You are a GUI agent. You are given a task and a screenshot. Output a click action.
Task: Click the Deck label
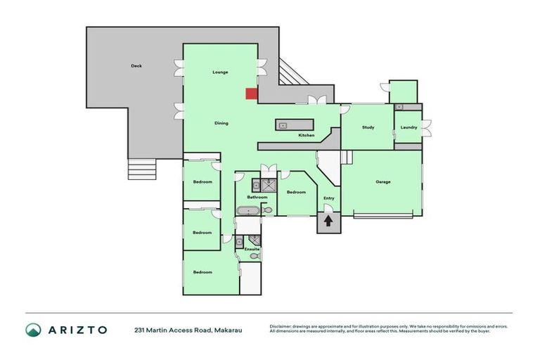click(136, 66)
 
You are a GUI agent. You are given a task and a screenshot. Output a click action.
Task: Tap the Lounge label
click(221, 72)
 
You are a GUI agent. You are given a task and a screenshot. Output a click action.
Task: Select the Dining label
click(221, 123)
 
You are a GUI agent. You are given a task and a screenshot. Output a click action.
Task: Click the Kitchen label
click(306, 135)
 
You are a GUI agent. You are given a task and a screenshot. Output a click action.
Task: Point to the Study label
click(368, 127)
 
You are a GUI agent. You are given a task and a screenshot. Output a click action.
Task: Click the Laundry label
click(409, 127)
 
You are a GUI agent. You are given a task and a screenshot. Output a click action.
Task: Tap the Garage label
click(382, 182)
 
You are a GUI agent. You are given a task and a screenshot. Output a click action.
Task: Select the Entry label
click(328, 198)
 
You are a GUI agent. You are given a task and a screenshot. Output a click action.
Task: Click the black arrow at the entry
click(328, 221)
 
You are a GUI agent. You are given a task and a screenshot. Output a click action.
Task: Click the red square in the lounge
click(251, 94)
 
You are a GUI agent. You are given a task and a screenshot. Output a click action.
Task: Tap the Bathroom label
click(257, 198)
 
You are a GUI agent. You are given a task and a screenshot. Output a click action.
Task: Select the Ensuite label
click(252, 249)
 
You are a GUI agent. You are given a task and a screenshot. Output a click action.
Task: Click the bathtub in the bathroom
click(248, 210)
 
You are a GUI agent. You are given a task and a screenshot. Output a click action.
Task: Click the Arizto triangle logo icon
click(33, 330)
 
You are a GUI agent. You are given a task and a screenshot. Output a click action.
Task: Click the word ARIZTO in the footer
click(77, 330)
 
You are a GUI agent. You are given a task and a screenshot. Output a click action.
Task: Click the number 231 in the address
click(141, 330)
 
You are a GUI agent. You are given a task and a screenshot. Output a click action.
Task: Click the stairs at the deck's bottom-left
click(141, 169)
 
